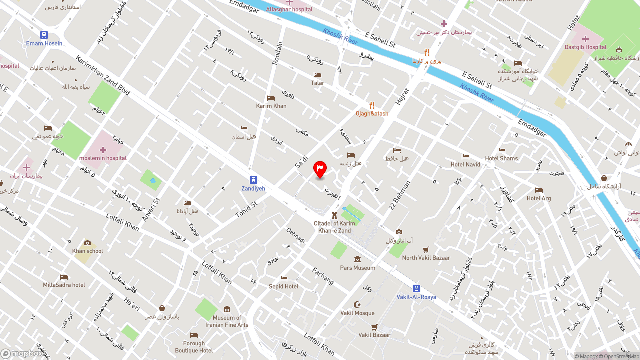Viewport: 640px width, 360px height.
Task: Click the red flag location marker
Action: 320,169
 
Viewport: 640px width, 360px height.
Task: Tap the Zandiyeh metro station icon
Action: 253,180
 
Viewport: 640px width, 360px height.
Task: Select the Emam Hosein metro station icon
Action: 44,35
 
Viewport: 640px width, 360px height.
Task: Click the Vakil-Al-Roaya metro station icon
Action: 416,288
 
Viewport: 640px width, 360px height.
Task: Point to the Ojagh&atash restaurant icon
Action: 372,105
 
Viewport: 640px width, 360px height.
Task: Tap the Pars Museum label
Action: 357,268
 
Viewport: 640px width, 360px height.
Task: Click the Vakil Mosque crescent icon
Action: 357,304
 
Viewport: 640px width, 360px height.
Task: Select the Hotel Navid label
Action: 465,164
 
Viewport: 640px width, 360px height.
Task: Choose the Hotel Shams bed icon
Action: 501,150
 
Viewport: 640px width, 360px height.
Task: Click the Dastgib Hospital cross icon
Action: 585,39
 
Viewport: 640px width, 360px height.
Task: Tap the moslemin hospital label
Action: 103,158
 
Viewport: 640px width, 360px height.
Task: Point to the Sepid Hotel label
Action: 283,286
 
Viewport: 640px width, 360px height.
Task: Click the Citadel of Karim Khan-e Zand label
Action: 334,227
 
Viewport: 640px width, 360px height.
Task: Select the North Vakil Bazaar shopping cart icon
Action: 426,249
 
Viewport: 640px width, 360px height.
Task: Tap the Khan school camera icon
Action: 88,243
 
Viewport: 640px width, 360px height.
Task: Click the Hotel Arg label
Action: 539,198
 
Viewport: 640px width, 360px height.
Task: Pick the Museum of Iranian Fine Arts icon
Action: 227,309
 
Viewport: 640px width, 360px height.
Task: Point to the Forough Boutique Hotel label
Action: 194,347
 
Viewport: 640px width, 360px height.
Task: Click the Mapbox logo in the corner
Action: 22,354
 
